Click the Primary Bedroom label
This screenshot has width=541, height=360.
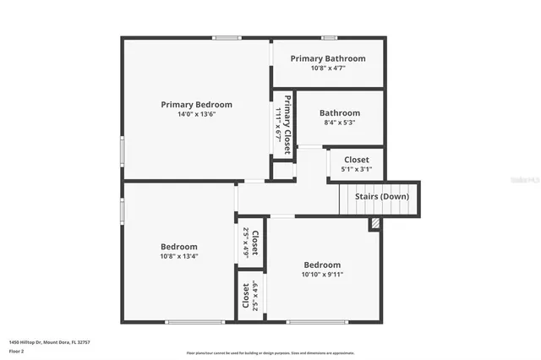(196, 105)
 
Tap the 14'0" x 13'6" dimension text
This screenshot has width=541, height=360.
(196, 115)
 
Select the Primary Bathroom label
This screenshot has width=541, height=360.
(328, 58)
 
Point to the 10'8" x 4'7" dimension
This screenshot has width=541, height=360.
(328, 68)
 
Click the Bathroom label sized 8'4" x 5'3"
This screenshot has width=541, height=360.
(340, 112)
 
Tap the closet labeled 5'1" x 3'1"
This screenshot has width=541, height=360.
(356, 160)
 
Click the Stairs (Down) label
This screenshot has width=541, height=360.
(381, 197)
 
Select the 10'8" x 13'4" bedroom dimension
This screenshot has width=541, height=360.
(179, 257)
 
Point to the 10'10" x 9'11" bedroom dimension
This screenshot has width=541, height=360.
(323, 274)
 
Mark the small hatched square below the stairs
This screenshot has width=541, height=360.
(374, 224)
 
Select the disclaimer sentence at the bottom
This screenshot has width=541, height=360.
(271, 353)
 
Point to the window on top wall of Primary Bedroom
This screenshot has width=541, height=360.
(226, 37)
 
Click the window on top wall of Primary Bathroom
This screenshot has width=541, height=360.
(330, 37)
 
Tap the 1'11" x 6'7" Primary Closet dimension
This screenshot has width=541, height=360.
(277, 124)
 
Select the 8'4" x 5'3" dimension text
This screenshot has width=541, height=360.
(340, 123)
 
